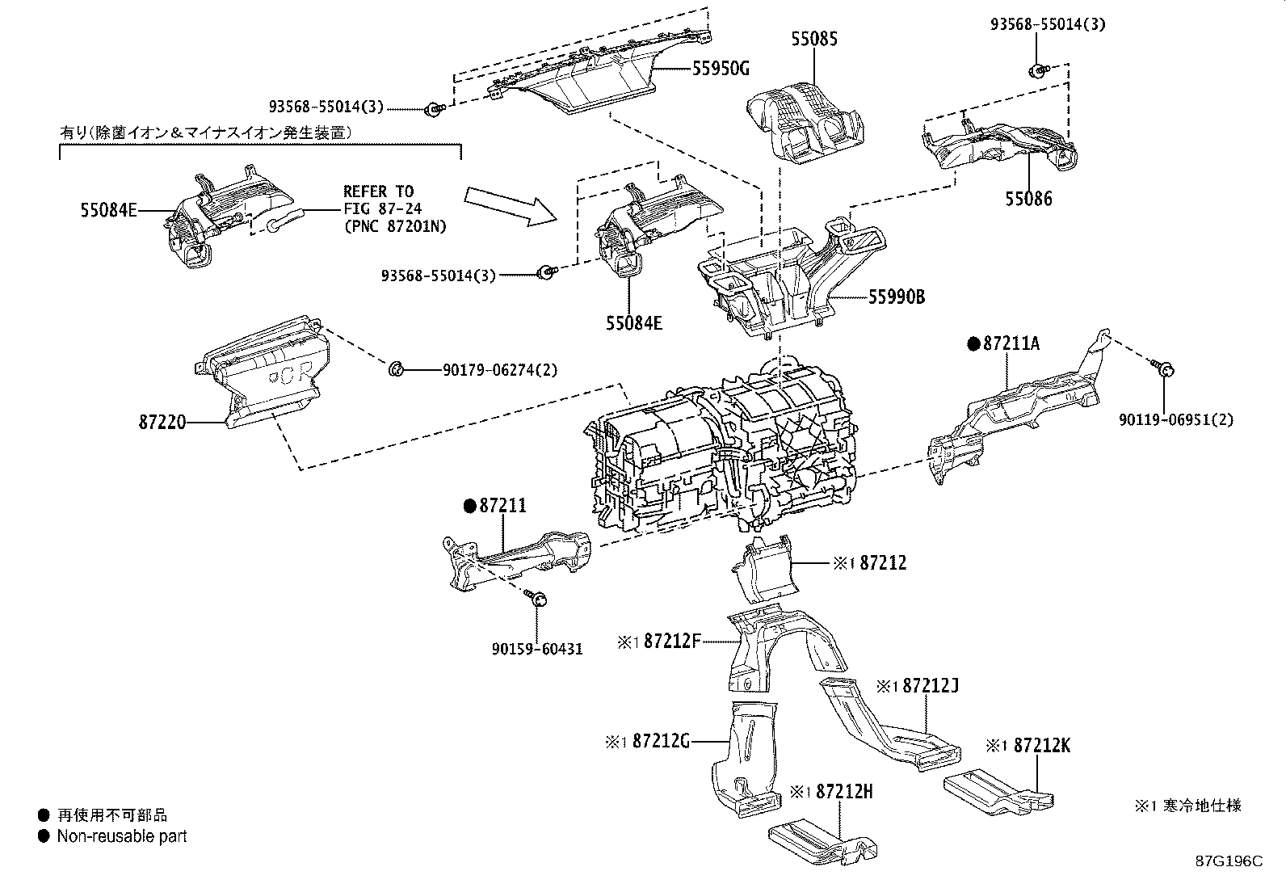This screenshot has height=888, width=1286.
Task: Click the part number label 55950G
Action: point(720,69)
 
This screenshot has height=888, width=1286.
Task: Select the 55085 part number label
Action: point(813,39)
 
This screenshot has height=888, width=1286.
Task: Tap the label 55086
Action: point(1028,199)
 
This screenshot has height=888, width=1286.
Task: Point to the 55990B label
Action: point(897,297)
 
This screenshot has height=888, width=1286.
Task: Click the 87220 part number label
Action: point(163,422)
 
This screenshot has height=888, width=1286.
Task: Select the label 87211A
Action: point(1012,344)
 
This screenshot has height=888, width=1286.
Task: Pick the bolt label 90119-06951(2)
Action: point(1176,420)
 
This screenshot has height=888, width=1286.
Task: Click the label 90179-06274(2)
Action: point(499,370)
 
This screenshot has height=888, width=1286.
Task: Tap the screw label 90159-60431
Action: point(537,648)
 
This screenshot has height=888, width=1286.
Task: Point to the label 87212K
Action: point(1041,746)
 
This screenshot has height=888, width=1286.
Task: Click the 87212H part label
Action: point(844,792)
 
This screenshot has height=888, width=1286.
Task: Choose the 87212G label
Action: point(661,740)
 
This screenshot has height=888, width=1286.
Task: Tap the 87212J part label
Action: point(931,686)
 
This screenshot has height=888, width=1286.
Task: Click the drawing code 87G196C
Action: point(1228,861)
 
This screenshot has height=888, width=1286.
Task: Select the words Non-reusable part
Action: point(122,836)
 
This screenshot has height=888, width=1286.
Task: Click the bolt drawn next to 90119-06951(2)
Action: point(1164,370)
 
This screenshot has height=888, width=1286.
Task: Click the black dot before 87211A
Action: point(973,344)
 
